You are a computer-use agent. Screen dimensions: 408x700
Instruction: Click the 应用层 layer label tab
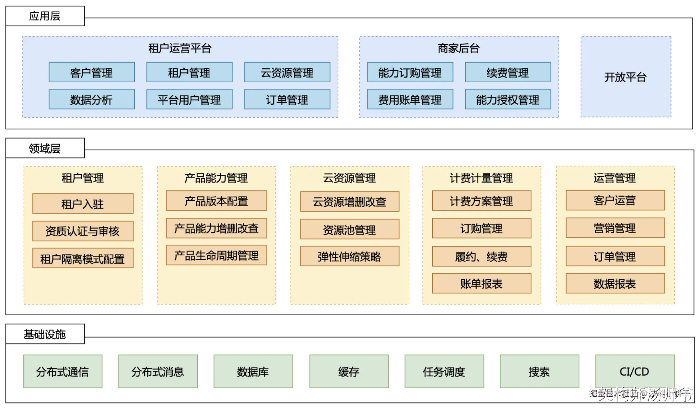45,16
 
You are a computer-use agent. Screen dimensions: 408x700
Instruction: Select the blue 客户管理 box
91,72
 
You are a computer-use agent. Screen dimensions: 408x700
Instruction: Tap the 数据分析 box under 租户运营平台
91,99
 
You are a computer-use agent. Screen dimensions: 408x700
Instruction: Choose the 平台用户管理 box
189,99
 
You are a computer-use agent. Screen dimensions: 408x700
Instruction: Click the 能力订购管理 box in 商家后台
410,72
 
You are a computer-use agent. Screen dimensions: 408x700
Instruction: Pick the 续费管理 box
508,72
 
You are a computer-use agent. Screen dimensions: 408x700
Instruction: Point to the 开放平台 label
625,77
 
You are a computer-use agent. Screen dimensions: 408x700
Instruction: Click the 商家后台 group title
459,48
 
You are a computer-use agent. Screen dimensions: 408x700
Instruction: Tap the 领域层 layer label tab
45,148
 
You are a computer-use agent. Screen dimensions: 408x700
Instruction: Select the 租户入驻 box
83,204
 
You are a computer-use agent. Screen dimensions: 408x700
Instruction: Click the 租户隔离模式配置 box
83,258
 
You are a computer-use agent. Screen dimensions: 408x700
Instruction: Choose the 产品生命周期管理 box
216,255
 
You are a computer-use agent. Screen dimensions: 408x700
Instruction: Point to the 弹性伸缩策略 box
349,256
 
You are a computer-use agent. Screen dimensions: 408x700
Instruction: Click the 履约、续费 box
482,256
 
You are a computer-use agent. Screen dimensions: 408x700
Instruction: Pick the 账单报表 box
482,284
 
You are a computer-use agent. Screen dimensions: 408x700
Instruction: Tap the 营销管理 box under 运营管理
615,228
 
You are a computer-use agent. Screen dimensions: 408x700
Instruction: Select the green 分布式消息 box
158,371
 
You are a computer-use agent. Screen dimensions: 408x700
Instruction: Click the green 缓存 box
349,371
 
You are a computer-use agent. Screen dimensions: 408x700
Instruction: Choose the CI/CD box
635,371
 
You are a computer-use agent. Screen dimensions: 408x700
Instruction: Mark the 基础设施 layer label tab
45,334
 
